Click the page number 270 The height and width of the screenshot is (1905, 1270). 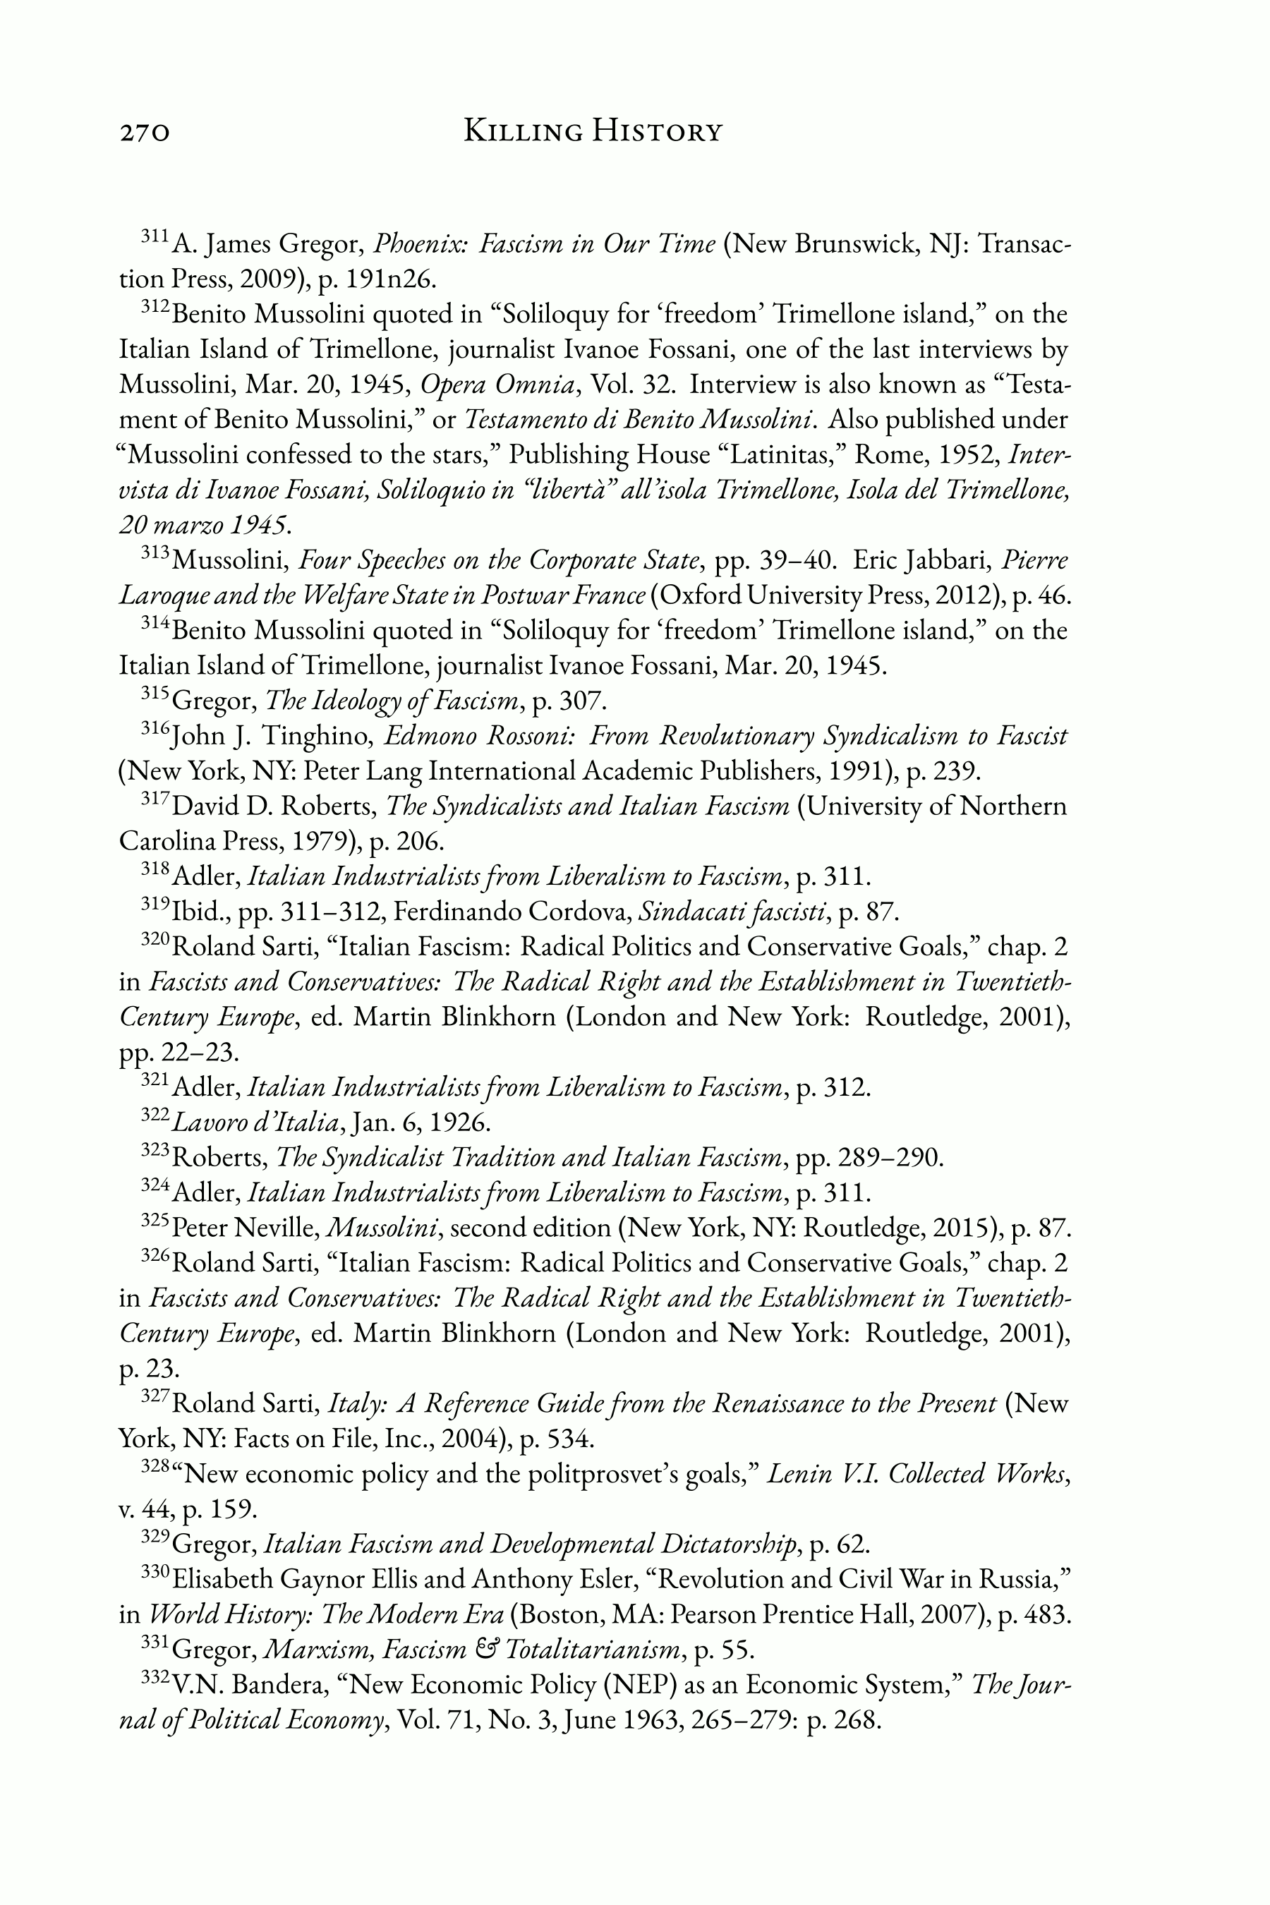[x=145, y=132]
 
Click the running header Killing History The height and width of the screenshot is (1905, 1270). [x=592, y=131]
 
